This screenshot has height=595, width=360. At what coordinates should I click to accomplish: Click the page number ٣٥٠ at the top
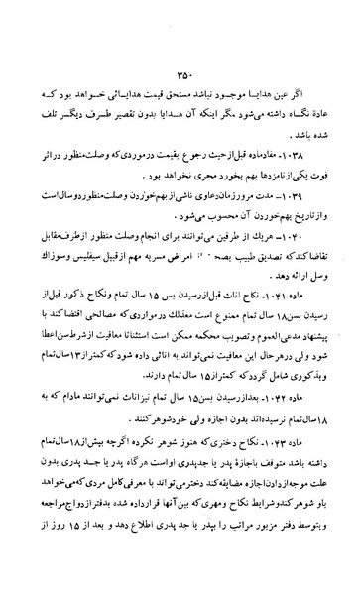[181, 71]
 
